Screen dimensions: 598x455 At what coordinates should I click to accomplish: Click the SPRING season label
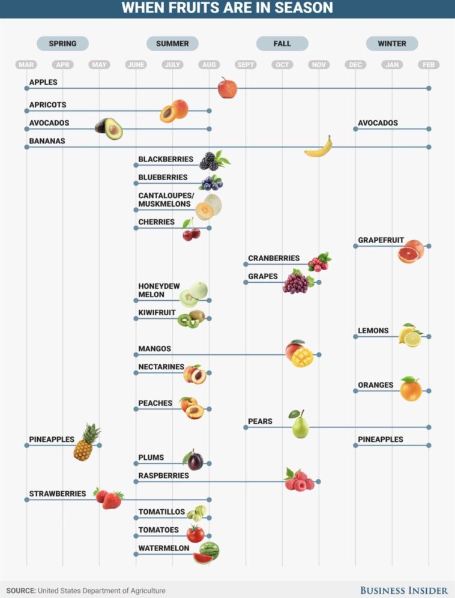[62, 43]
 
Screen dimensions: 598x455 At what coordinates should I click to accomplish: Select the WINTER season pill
[391, 43]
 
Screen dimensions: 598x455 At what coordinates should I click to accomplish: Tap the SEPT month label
[246, 65]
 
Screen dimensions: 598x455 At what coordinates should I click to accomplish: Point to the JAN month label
[392, 65]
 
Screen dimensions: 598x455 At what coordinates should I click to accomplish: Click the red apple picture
[227, 88]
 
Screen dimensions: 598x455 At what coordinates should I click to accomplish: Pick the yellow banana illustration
[318, 148]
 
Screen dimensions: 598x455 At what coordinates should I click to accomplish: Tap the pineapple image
[86, 442]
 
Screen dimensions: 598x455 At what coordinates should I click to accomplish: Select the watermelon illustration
[207, 552]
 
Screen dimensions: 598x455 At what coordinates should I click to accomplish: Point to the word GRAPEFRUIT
[381, 240]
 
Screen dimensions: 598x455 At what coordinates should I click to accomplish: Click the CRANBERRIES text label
[274, 258]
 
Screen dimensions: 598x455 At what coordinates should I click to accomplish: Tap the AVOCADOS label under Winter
[378, 123]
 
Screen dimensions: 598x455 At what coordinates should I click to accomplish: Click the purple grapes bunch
[297, 282]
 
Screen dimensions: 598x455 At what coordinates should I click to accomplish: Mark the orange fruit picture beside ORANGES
[411, 389]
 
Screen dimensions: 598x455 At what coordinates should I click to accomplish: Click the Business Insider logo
[403, 590]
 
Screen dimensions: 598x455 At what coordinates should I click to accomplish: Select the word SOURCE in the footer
[20, 591]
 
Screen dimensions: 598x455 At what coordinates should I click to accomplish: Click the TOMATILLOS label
[161, 512]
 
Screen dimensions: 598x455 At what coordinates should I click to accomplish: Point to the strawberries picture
[109, 498]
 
